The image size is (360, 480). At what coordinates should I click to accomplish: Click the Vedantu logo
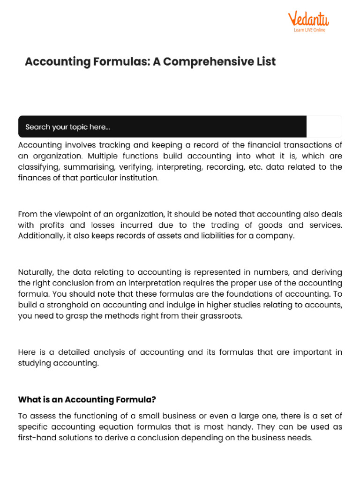tap(308, 19)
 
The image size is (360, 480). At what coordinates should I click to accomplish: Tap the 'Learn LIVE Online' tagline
tap(309, 30)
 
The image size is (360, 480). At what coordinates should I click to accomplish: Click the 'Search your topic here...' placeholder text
tap(67, 127)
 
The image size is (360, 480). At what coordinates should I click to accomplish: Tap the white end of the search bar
tap(324, 127)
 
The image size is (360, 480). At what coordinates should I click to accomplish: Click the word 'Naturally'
tap(36, 272)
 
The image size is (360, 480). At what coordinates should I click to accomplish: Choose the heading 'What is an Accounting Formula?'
tap(87, 400)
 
